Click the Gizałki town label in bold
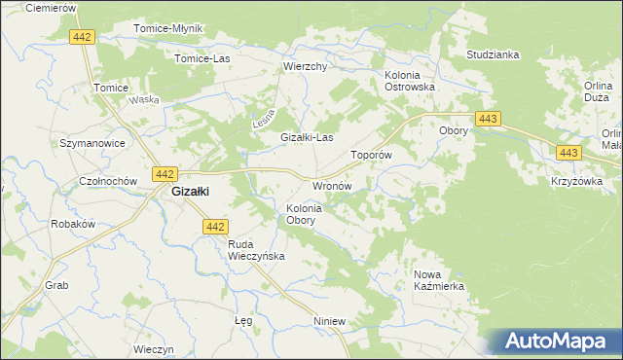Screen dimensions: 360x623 193,192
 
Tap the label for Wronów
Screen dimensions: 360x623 331,185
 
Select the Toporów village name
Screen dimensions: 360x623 371,155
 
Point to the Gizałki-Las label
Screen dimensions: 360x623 308,138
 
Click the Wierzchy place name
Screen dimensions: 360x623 304,67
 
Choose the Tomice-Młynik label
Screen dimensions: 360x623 167,28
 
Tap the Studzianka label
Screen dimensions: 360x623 493,55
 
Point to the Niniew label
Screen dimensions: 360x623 331,321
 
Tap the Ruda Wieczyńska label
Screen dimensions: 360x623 255,250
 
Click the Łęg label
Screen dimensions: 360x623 244,320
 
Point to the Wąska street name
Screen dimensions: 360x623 144,100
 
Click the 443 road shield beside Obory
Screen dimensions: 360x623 490,118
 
